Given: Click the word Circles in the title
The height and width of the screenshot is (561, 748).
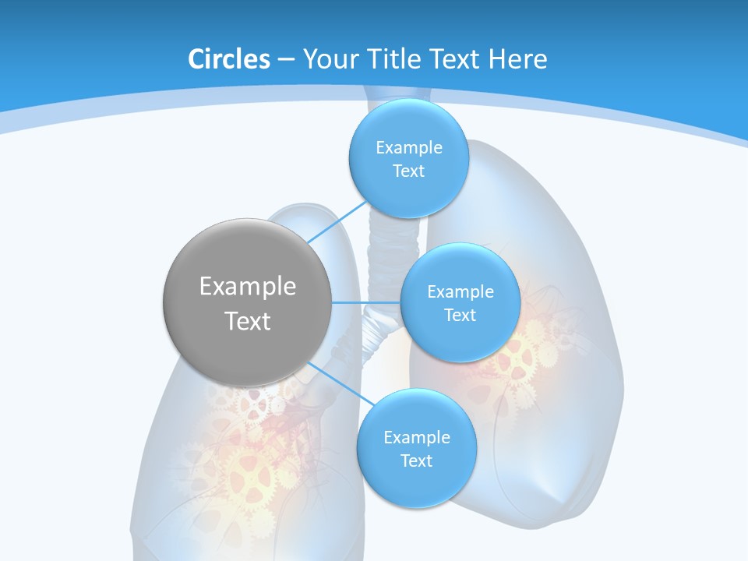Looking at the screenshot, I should click(229, 59).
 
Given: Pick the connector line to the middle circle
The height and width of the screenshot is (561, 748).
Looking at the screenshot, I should click(366, 302).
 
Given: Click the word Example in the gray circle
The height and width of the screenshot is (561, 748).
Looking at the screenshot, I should click(248, 287).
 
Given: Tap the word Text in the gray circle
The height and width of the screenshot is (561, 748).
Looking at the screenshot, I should click(248, 321).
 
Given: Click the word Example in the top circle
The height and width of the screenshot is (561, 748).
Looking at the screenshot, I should click(408, 148).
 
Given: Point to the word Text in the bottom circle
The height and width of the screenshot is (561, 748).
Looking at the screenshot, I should click(416, 461).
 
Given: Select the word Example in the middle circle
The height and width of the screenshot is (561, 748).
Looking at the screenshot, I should click(460, 292).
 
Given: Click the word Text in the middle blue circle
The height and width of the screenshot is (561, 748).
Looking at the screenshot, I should click(460, 316).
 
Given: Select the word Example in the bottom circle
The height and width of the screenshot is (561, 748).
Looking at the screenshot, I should click(416, 438).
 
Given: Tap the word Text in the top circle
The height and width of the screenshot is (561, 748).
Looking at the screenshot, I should click(408, 171).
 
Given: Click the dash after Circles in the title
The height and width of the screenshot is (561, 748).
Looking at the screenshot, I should click(286, 59).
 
